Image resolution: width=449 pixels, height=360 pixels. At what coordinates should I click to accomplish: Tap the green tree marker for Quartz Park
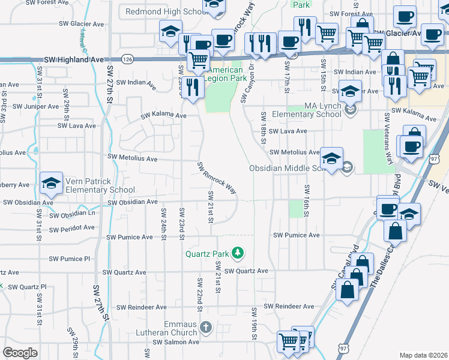point(239,253)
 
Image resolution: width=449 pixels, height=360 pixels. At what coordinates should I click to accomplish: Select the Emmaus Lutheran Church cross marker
point(206,328)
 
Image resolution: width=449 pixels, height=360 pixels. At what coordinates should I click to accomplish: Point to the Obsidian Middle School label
point(290,168)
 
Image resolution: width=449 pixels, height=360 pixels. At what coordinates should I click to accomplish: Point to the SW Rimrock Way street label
point(217,178)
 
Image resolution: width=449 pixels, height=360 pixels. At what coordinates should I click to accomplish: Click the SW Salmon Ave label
point(175,342)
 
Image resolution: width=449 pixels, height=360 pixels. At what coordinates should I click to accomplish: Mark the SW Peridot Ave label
point(71,228)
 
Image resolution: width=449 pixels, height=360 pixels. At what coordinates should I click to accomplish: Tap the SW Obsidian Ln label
point(72,214)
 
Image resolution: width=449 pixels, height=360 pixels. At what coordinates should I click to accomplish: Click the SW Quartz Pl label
point(25,287)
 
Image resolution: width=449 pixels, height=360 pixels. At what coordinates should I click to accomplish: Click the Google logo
point(20,352)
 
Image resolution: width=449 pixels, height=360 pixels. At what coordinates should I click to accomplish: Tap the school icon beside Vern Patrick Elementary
point(52,183)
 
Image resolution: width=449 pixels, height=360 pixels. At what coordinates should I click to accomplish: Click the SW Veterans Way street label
point(389,147)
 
